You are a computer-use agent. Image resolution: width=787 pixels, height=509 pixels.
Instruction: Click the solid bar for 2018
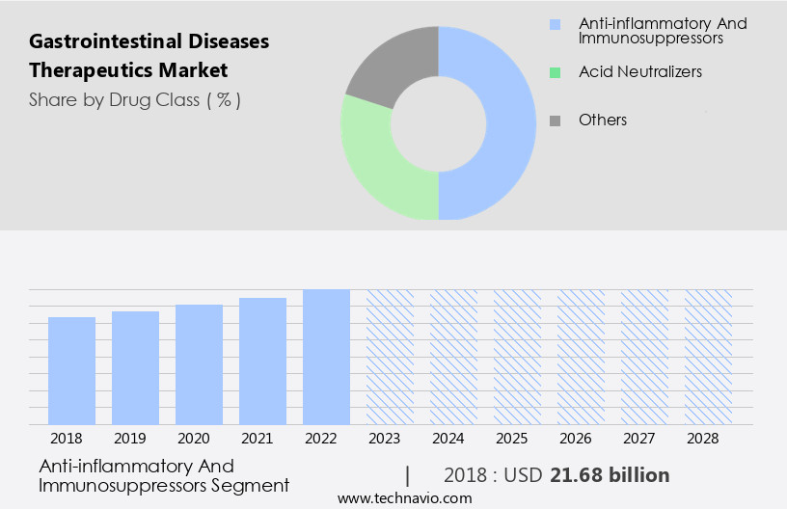(x=71, y=371)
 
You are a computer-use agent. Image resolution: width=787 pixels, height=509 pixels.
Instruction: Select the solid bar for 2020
(x=199, y=364)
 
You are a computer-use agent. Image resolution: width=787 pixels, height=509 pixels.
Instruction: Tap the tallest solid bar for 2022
(x=326, y=357)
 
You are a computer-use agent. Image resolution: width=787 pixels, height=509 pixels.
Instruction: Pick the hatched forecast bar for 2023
(x=390, y=357)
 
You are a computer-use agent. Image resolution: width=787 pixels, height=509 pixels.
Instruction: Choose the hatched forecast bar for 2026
(x=581, y=357)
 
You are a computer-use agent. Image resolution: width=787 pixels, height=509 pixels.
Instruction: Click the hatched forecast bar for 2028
(x=708, y=357)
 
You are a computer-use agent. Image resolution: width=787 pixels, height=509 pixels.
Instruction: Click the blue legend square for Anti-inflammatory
(x=554, y=24)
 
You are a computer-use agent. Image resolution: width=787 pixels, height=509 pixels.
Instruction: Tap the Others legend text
(x=602, y=120)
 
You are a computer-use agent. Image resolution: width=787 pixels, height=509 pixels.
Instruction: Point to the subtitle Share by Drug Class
(x=134, y=99)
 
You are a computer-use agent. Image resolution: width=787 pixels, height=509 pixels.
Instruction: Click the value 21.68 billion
(x=609, y=475)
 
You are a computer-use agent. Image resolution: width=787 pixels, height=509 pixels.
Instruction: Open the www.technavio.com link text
(x=404, y=497)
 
